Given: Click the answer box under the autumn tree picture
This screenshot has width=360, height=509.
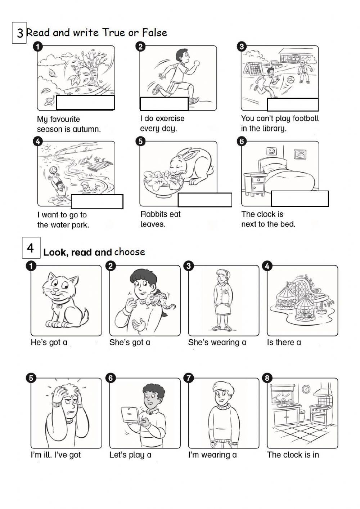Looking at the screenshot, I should point(85,103).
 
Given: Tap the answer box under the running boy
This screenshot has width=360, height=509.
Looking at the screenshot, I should point(164,104).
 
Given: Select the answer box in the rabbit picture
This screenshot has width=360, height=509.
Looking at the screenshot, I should point(205,200).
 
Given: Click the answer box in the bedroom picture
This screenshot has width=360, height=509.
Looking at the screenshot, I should point(300,198).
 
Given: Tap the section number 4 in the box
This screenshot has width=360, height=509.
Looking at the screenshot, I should point(31,248).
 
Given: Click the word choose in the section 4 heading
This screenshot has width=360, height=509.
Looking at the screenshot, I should point(130,252).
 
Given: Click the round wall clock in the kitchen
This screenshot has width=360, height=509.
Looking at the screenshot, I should point(306,389).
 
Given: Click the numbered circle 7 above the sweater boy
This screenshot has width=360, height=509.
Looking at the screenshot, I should point(189,378).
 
